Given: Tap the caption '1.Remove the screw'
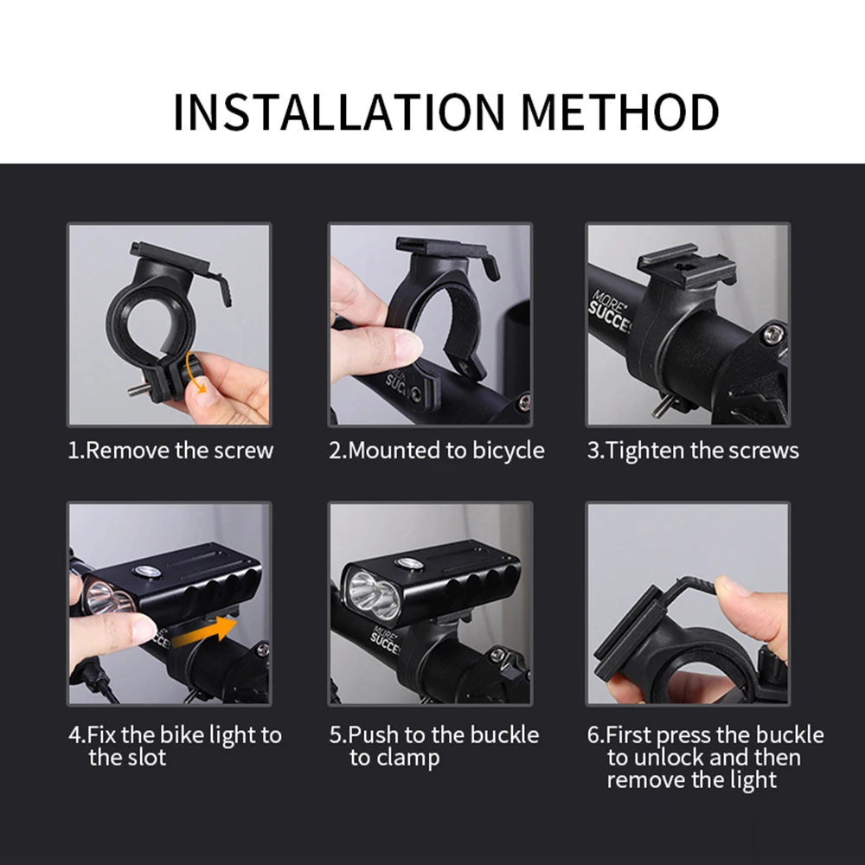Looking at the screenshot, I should [170, 451].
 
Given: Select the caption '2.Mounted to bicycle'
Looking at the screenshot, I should [436, 451].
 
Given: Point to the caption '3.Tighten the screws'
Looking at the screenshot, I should [693, 451].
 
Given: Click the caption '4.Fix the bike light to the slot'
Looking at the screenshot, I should [175, 746].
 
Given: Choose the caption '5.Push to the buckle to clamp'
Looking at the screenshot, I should [433, 746].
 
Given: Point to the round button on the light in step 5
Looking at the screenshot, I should [409, 563].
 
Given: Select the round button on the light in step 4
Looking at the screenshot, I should [144, 571].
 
